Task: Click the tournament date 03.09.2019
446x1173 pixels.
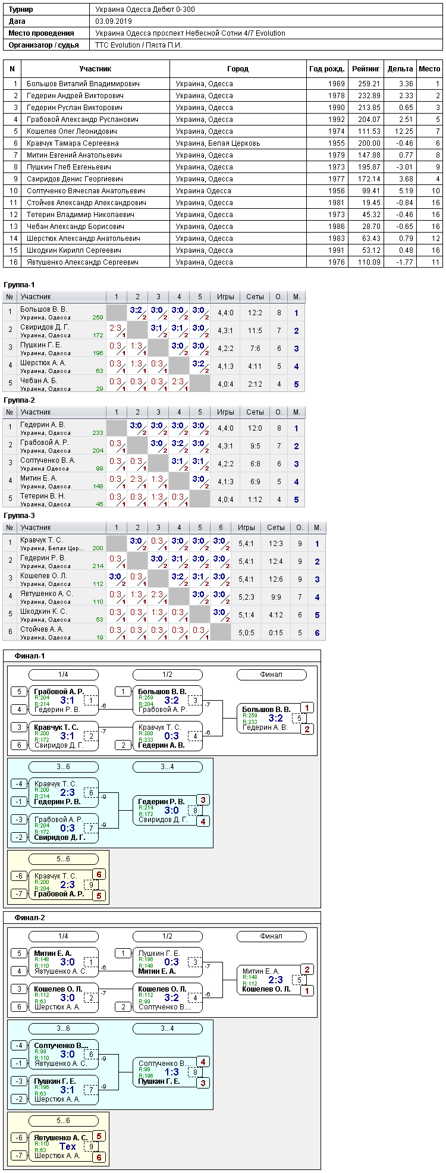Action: click(114, 21)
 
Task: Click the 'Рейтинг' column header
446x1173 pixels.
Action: click(366, 69)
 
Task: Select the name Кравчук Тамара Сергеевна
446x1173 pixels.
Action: click(73, 143)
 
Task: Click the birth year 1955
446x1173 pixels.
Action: click(337, 143)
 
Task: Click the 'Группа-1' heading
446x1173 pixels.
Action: click(19, 285)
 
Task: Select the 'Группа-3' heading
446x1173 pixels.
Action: click(19, 516)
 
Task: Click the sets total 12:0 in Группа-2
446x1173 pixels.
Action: click(255, 428)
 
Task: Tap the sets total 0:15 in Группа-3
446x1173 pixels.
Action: click(276, 633)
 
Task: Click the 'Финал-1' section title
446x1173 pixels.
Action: click(30, 656)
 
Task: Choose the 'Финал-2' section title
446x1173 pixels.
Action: click(30, 918)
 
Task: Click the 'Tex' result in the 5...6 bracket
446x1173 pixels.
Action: click(68, 1146)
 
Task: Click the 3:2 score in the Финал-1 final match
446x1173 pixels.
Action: click(275, 718)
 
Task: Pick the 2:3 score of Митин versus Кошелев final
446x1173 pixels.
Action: click(275, 980)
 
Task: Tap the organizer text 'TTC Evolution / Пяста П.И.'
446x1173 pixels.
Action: click(139, 45)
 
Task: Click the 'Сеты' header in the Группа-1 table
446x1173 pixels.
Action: click(255, 296)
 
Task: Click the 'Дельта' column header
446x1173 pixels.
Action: click(400, 69)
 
